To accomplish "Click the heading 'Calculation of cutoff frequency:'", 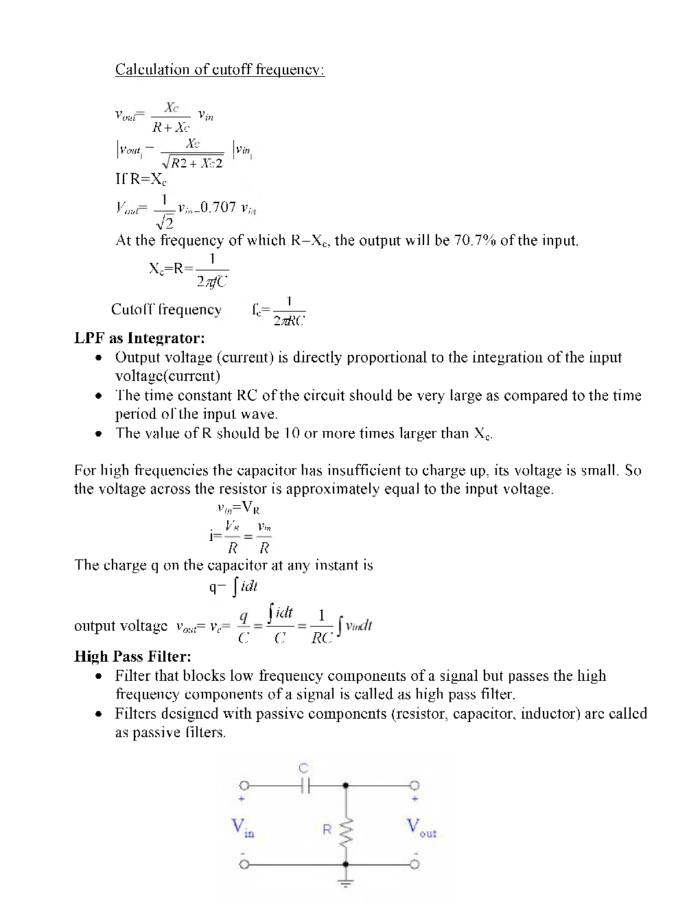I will tap(220, 69).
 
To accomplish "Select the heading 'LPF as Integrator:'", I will tap(139, 338).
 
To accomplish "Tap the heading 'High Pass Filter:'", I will tap(132, 656).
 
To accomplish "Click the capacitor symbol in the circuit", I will tap(305, 785).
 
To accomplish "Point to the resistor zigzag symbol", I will tap(346, 831).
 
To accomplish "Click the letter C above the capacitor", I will tap(304, 769).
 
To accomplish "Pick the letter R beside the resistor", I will tap(327, 829).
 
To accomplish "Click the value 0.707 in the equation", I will tap(218, 207).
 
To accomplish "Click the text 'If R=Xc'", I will tap(141, 180).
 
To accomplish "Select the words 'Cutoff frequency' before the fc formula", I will tap(166, 310).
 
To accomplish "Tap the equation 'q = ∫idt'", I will tap(233, 587).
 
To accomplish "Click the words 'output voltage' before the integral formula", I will tap(120, 626).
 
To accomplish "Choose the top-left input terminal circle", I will tap(244, 785).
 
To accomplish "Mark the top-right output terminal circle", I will tap(414, 785).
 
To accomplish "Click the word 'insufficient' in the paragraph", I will tap(362, 470).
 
